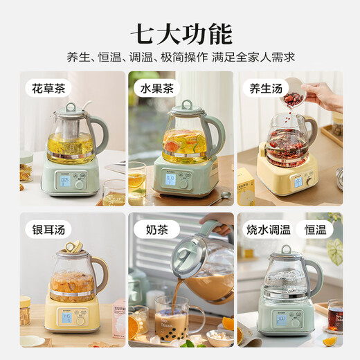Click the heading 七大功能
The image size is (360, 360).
point(180,33)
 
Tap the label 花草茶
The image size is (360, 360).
point(51,89)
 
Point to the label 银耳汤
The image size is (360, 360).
point(51,228)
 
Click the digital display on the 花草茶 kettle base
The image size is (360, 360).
point(64,181)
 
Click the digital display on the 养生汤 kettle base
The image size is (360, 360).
point(298,182)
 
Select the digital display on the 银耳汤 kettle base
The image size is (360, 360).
point(67,318)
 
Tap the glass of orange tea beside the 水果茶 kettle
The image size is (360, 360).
point(137,181)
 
